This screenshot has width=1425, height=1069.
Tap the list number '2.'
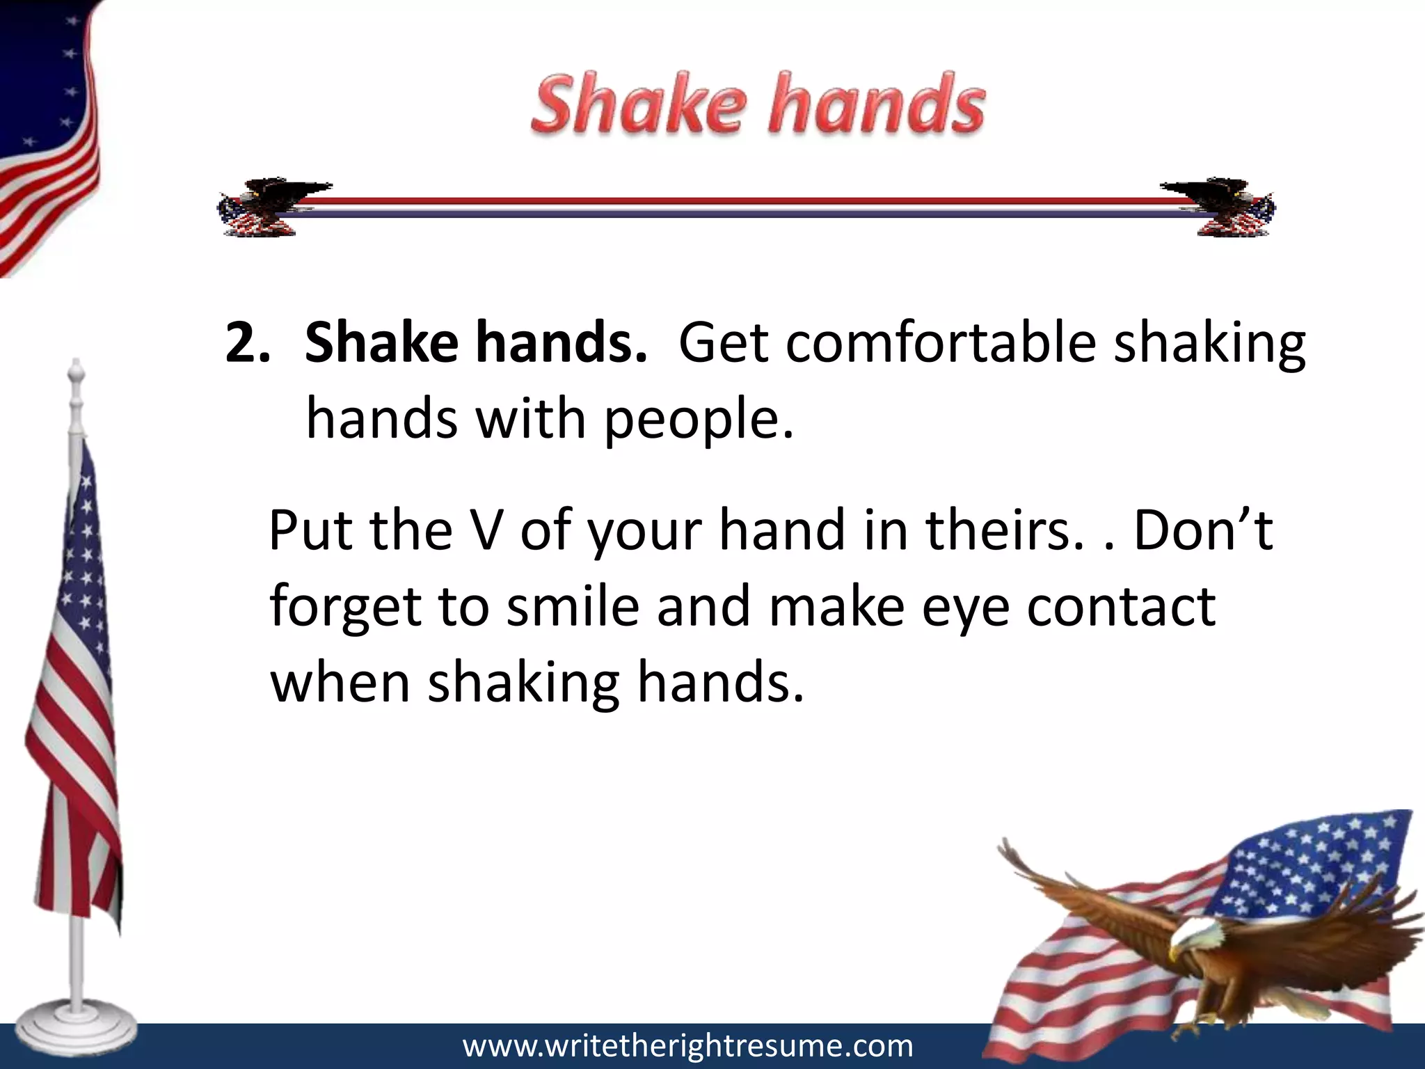click(x=248, y=344)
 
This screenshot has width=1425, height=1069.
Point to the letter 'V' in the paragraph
click(x=479, y=530)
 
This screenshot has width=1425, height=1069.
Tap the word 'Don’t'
click(x=1203, y=530)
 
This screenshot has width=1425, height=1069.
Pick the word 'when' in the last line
click(x=340, y=683)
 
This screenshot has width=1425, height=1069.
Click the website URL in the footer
click(x=687, y=1045)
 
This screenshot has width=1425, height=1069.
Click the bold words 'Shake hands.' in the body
click(x=476, y=344)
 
